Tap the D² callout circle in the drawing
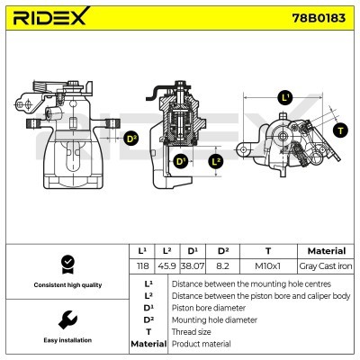131,138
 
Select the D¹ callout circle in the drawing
181,161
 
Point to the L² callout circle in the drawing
216,161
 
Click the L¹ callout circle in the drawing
286,96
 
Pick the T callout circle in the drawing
339,130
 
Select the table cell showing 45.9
166,266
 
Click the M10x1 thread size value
267,266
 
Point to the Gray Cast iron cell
325,266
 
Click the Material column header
325,251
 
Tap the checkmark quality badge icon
66,264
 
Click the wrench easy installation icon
66,319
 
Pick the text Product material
201,344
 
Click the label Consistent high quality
66,285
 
